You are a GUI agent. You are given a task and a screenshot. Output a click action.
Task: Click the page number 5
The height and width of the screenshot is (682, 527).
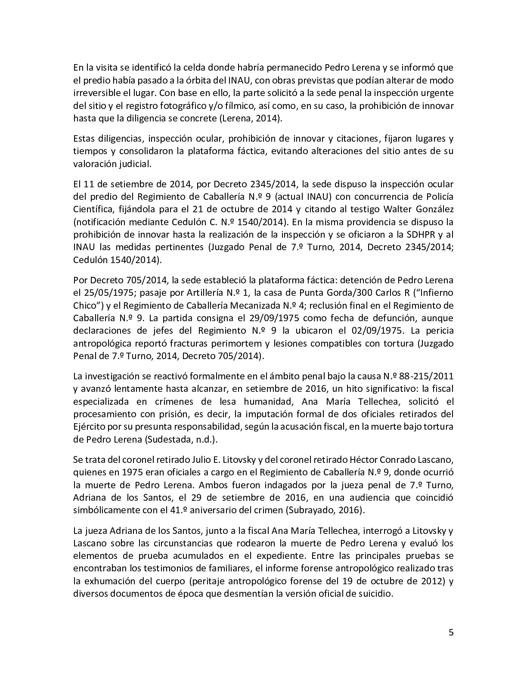(451, 632)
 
